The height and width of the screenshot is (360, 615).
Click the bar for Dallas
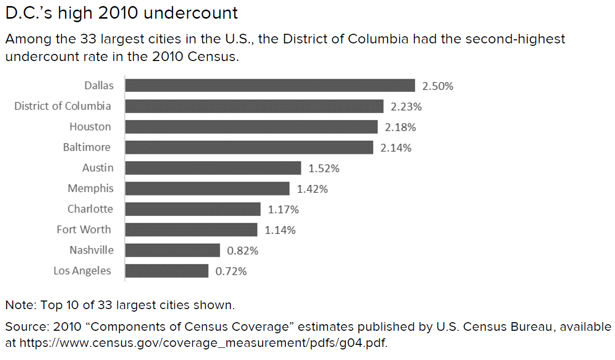click(270, 85)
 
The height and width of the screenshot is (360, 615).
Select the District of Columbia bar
click(254, 106)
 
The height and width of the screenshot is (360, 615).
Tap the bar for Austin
click(213, 168)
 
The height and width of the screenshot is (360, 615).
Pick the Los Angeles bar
click(166, 271)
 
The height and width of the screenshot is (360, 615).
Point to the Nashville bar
click(172, 250)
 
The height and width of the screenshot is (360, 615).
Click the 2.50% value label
click(438, 86)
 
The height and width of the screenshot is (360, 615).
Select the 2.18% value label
click(400, 128)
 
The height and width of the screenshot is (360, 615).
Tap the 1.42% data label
click(312, 189)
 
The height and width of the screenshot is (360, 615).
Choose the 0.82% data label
click(242, 251)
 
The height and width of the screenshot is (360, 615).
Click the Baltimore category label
click(87, 147)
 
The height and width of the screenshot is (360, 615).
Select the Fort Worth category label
click(84, 229)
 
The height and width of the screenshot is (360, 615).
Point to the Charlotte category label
click(90, 209)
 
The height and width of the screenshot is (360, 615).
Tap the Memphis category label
click(91, 189)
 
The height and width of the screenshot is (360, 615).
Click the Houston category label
click(90, 127)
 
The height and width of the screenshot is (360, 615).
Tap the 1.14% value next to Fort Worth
click(280, 230)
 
